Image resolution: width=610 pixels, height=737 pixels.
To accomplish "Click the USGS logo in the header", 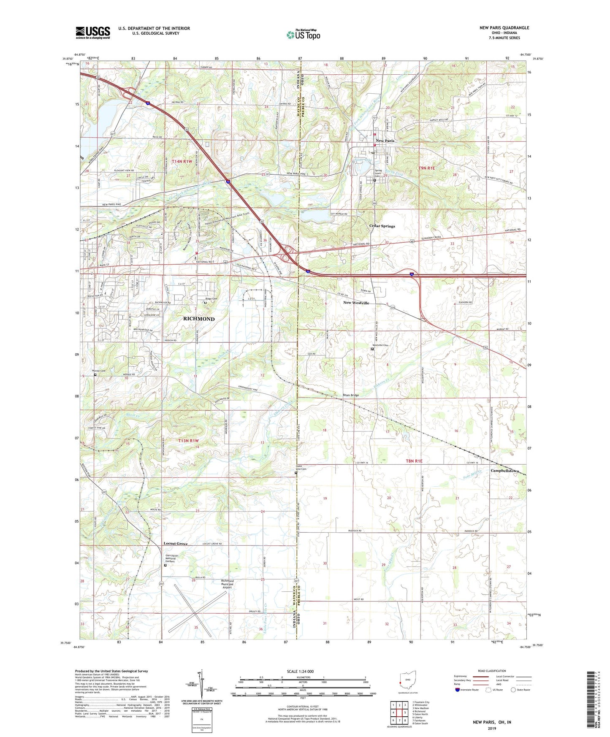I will (x=93, y=33).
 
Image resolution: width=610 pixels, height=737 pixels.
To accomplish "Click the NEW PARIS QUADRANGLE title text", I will (x=504, y=28).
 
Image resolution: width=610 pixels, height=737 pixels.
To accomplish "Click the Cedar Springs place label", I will (x=382, y=226).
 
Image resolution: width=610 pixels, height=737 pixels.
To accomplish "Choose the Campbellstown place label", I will (x=505, y=470).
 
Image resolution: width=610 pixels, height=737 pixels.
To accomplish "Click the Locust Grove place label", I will (x=176, y=544).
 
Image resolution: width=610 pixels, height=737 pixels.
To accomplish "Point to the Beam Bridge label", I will (x=350, y=395).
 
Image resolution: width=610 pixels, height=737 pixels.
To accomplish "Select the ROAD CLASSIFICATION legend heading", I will (x=492, y=671).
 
